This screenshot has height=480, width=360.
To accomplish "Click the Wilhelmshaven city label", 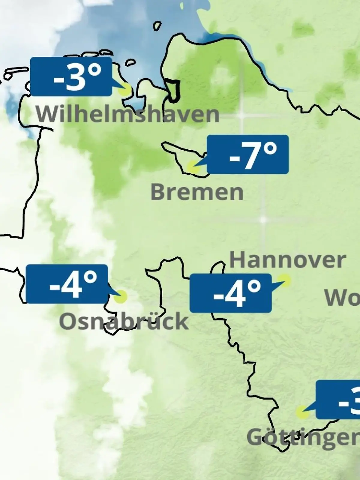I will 128,114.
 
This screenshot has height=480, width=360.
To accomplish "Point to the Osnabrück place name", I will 124,321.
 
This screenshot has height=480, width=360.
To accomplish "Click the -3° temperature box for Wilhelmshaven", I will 71,77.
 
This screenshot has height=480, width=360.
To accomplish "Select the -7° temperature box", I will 248,154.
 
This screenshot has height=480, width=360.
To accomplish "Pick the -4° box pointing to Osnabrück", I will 67,284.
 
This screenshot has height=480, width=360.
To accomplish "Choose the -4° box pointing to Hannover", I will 230,293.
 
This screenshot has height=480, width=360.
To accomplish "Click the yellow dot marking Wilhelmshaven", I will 125,90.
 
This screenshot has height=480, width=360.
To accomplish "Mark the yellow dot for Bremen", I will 193,166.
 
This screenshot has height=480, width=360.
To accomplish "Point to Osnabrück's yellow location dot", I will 121,297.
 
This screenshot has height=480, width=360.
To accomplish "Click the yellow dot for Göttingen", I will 302,412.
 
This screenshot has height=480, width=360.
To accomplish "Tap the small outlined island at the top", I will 157,26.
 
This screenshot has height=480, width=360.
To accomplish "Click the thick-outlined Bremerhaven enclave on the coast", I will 173,90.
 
